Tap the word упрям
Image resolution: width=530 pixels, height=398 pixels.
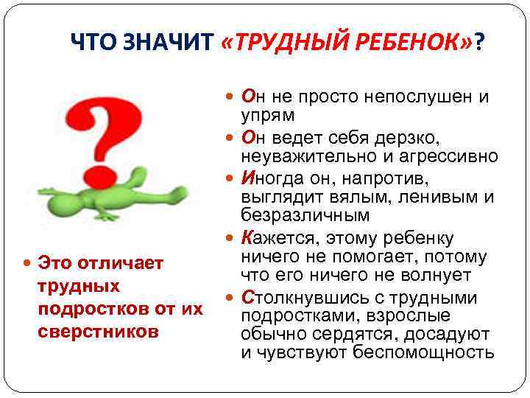267,116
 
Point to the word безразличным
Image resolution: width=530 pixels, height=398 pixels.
305,217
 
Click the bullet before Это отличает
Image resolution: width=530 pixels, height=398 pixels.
26,263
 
